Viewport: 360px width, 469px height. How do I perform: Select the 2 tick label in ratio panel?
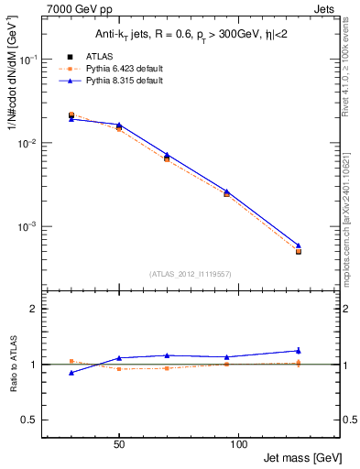(x=34, y=310)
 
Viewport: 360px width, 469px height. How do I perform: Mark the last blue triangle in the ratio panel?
(x=299, y=350)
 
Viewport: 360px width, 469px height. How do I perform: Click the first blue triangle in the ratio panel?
(x=71, y=373)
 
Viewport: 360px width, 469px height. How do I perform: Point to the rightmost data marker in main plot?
(x=299, y=251)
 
